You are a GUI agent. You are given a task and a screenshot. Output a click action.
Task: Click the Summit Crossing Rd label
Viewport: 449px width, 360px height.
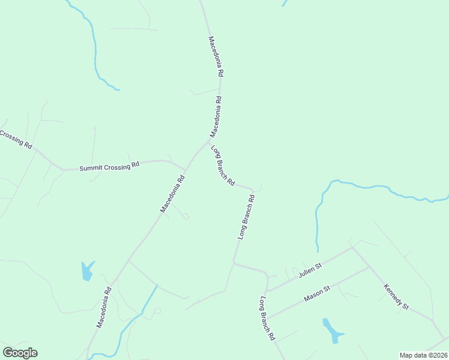109,166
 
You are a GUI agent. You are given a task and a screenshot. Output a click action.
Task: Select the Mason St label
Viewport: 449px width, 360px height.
317,293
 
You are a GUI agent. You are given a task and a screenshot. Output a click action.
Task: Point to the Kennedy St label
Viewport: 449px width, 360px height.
396,297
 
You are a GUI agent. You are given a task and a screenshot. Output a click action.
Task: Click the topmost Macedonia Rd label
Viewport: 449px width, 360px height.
216,56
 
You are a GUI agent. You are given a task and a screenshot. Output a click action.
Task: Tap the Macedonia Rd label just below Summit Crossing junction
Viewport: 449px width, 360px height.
171,193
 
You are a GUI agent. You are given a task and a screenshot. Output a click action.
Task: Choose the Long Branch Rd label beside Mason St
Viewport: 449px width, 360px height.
267,319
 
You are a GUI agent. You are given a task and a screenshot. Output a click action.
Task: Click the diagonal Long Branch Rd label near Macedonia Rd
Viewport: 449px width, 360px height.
222,165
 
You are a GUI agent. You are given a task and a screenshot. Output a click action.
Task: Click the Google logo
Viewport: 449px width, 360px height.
20,353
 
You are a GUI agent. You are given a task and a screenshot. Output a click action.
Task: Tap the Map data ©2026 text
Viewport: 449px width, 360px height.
423,355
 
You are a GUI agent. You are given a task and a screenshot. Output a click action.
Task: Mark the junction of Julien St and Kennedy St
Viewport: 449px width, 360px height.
352,247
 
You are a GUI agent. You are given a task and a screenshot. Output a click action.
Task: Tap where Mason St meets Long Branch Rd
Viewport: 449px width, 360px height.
267,319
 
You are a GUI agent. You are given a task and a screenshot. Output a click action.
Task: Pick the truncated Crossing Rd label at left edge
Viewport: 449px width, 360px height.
16,139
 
